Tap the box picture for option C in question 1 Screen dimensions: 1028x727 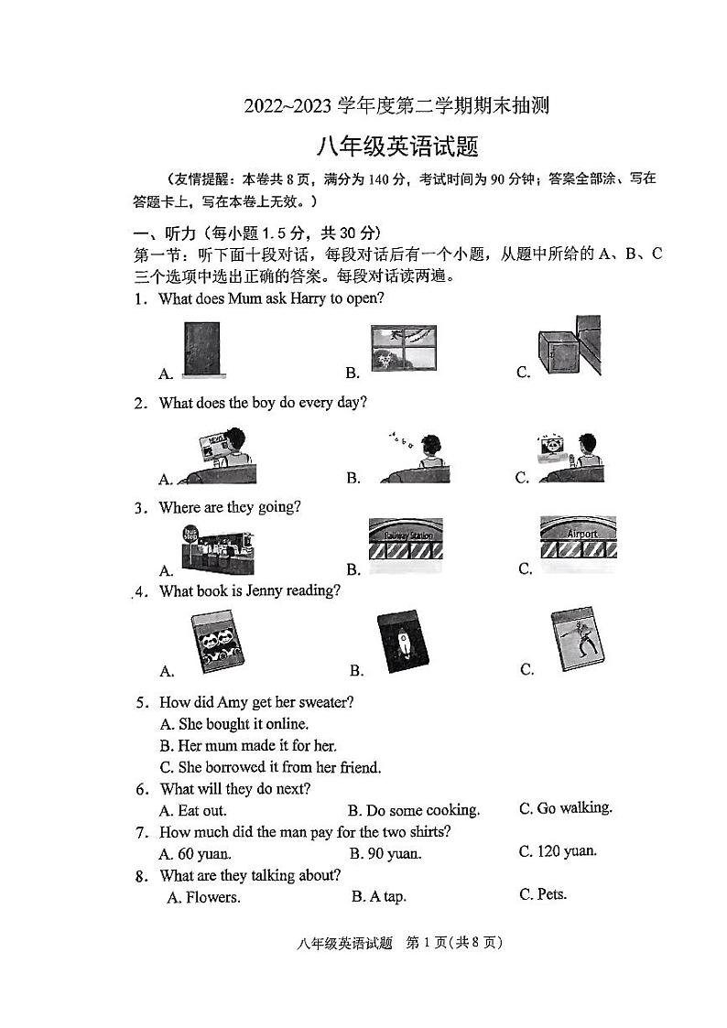pyautogui.click(x=569, y=347)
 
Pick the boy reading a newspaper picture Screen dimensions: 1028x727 pyautogui.click(x=218, y=456)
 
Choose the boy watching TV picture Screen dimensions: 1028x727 pyautogui.click(x=569, y=456)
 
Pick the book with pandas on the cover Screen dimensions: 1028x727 pyautogui.click(x=217, y=644)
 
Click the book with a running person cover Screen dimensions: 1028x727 pyautogui.click(x=578, y=640)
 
